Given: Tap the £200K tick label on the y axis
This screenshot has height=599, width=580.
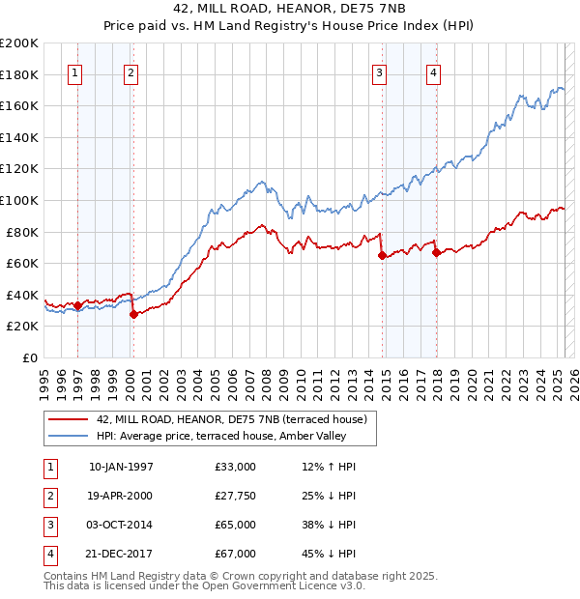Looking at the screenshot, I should (19, 43).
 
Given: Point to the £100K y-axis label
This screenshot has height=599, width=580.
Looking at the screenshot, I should (19, 200).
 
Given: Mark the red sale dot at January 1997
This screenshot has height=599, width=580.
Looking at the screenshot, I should (78, 306).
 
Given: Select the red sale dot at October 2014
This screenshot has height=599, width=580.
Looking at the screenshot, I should (382, 256).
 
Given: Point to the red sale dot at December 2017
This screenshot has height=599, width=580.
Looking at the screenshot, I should (436, 253).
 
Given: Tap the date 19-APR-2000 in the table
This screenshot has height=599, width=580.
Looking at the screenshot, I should (121, 497).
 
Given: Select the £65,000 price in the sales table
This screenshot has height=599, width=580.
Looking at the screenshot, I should (236, 525).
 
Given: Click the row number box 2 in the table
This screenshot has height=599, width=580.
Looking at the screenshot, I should (48, 497).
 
